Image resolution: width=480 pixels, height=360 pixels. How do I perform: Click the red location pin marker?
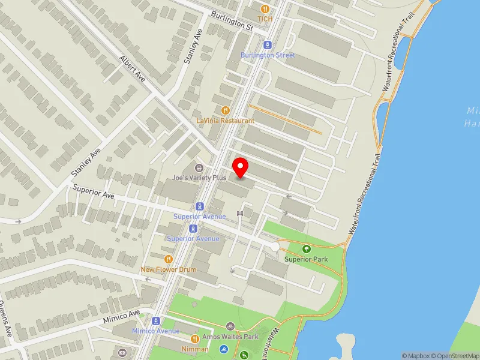pyautogui.click(x=241, y=167)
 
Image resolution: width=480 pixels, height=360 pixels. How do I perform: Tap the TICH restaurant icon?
pyautogui.click(x=265, y=8)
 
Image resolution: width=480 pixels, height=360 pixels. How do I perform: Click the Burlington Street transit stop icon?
pyautogui.click(x=268, y=44)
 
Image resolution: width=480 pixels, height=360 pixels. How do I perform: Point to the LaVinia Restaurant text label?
pyautogui.click(x=226, y=121)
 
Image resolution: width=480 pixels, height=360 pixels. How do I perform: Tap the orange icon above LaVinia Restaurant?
pyautogui.click(x=226, y=110)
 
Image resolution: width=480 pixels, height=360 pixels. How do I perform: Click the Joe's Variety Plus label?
pyautogui.click(x=199, y=178)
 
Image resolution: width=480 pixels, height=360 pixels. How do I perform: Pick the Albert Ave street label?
pyautogui.click(x=133, y=70)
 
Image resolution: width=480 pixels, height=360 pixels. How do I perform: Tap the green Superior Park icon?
pyautogui.click(x=307, y=249)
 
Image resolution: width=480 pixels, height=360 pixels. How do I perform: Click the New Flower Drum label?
pyautogui.click(x=169, y=269)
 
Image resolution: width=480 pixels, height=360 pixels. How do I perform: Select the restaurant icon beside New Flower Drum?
pyautogui.click(x=169, y=259)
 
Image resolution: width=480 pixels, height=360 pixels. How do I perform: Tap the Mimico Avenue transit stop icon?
pyautogui.click(x=155, y=321)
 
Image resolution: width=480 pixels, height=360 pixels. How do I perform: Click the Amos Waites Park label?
pyautogui.click(x=230, y=337)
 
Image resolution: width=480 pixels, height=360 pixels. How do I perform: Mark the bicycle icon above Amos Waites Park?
pyautogui.click(x=230, y=326)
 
